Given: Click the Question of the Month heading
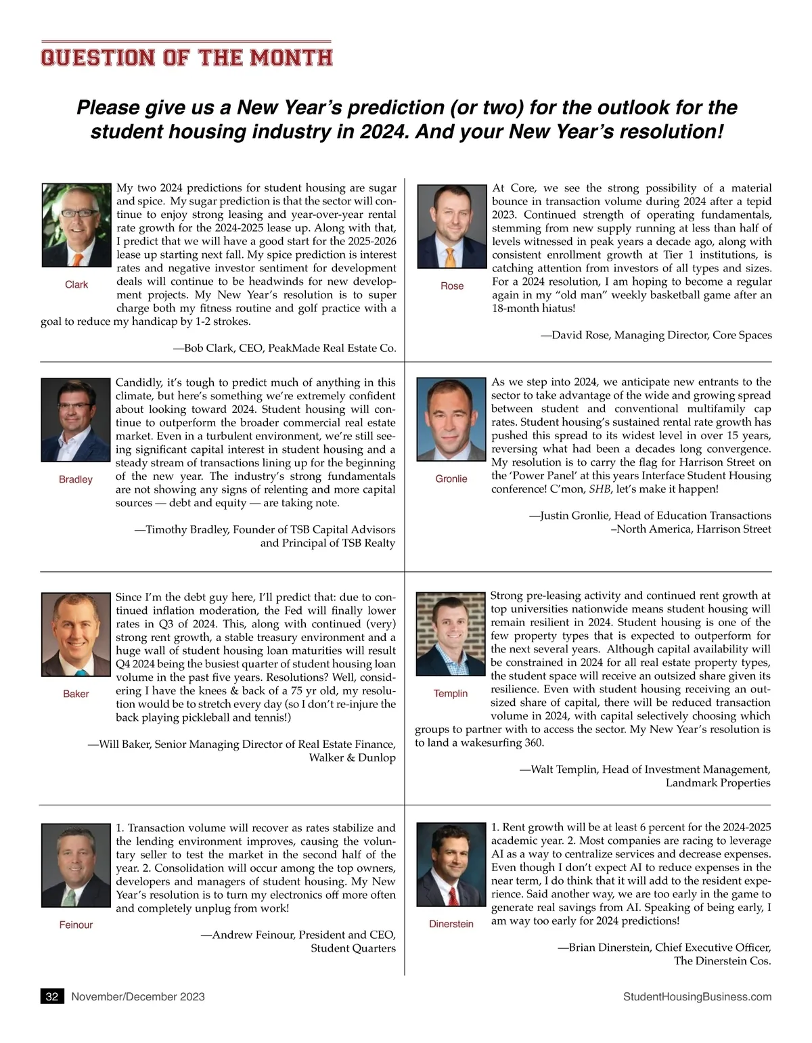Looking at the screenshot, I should (x=187, y=57).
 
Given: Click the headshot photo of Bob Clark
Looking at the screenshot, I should (x=76, y=225).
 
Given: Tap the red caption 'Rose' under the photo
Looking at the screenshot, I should (x=452, y=286).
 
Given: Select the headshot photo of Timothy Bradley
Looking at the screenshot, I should (x=76, y=420).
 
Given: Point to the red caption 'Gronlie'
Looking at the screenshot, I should (x=451, y=479).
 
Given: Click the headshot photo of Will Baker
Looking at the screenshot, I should (x=76, y=635).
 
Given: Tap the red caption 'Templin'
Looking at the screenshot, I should (x=451, y=693).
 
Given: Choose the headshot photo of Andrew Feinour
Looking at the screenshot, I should (x=76, y=865).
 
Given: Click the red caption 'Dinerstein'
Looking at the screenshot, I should (x=451, y=924).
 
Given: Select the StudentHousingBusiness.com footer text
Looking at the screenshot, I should (x=697, y=996).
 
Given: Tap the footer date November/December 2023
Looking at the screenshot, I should (x=138, y=996).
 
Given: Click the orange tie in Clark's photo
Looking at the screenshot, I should (x=78, y=259).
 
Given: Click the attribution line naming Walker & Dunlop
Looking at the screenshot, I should (x=352, y=757).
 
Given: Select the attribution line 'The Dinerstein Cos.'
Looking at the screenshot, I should (x=722, y=960).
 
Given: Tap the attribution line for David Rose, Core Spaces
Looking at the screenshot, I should (x=656, y=335).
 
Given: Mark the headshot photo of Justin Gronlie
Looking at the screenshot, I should (x=452, y=420).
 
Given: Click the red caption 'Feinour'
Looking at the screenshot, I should (x=76, y=925).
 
